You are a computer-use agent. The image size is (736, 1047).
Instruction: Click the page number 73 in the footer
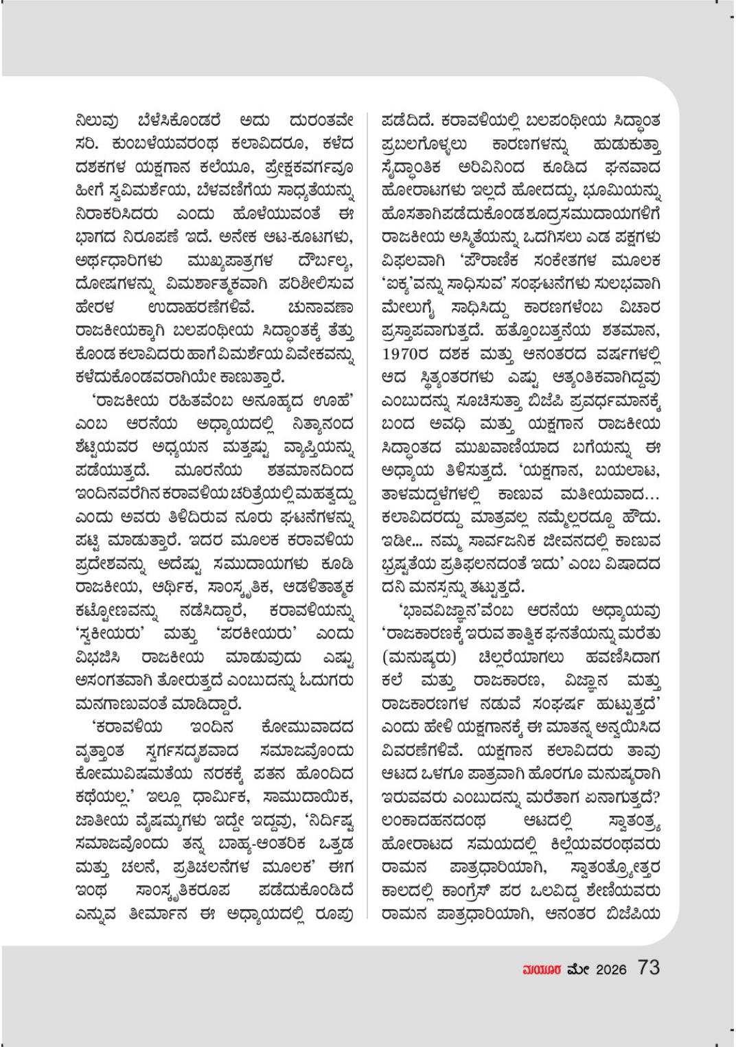coord(648,967)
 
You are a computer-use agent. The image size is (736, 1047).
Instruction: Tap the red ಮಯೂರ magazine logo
coord(542,969)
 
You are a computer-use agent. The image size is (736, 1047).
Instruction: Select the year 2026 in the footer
coord(611,969)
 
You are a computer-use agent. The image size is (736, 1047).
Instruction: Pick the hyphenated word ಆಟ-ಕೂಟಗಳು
coord(310,237)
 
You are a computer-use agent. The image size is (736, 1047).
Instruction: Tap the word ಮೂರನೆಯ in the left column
coord(208,472)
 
